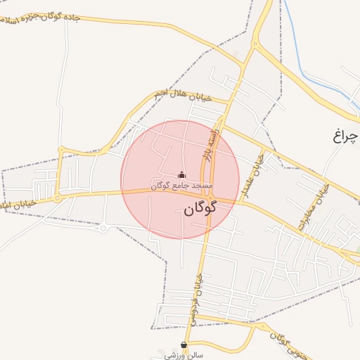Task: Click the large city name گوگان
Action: (201, 208)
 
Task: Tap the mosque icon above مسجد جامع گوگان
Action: (182, 175)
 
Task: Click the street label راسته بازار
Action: (214, 143)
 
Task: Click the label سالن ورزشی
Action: (184, 355)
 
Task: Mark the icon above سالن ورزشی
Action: (184, 345)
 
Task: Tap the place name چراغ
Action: (346, 135)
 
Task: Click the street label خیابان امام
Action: (18, 203)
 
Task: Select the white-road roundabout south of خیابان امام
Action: (104, 227)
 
